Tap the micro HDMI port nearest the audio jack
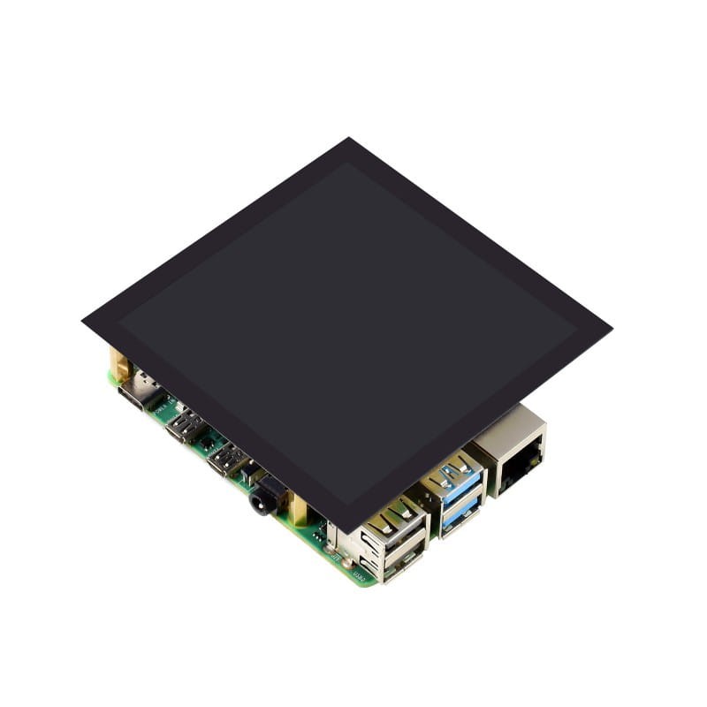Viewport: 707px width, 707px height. click(x=226, y=461)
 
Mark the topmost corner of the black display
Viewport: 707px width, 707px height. click(x=348, y=139)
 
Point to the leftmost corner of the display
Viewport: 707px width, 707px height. click(x=82, y=321)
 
